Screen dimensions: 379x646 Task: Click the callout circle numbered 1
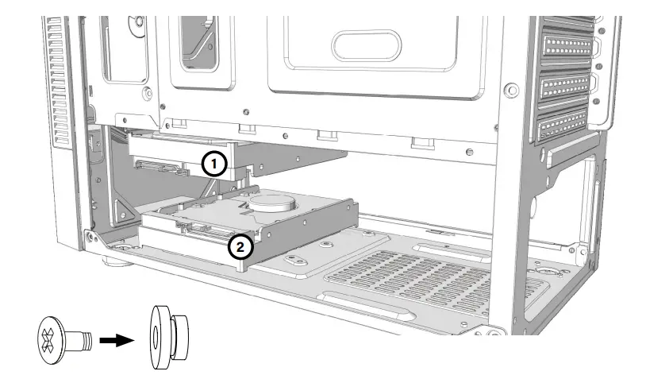tap(214, 164)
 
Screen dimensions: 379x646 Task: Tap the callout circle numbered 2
tap(240, 247)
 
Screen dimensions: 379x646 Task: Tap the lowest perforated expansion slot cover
tap(565, 128)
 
